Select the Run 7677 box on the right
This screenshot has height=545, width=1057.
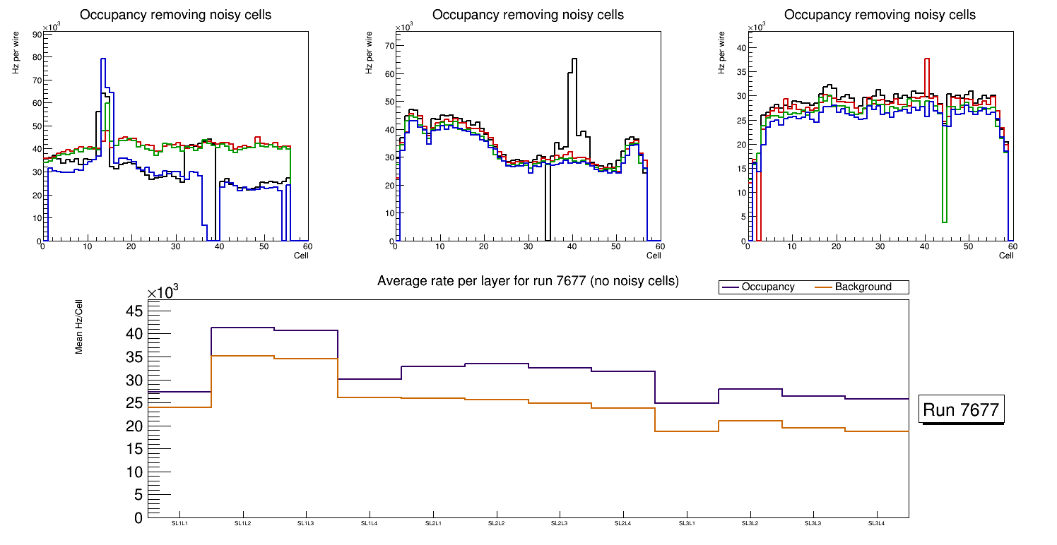[x=961, y=410]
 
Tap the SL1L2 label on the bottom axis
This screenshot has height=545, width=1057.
[x=243, y=523]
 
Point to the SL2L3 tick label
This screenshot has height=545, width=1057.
[x=560, y=523]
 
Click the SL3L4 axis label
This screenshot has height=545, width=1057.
[x=877, y=523]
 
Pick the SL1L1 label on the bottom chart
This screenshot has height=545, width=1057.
[x=179, y=523]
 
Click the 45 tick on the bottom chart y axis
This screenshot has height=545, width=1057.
[x=134, y=311]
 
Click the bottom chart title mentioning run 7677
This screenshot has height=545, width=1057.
[x=528, y=281]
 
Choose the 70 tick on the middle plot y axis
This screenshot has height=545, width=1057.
[x=389, y=46]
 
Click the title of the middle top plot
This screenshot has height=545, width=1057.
[x=528, y=15]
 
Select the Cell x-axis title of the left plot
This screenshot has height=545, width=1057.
[x=301, y=256]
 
